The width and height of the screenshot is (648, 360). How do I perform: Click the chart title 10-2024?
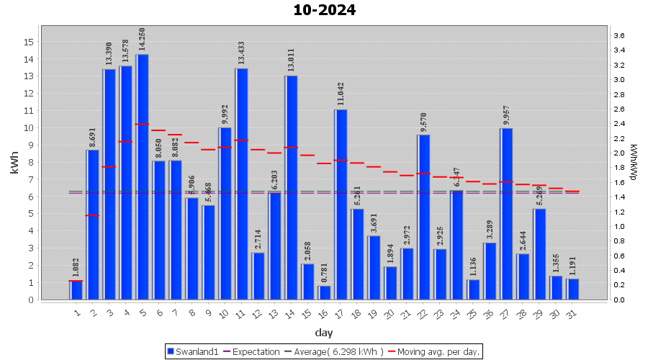(x=324, y=10)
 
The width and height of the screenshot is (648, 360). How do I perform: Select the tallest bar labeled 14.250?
(x=142, y=176)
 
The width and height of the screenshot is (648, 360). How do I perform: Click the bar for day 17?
(x=341, y=204)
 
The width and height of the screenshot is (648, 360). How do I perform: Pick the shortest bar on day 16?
(x=324, y=292)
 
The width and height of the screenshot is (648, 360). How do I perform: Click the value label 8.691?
(x=92, y=137)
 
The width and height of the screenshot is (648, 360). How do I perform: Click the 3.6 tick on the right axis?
(x=618, y=35)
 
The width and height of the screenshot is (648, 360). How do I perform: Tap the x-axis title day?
(x=323, y=332)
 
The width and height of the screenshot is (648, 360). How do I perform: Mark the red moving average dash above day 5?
(x=142, y=125)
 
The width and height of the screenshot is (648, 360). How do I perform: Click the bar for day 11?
(x=241, y=184)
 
